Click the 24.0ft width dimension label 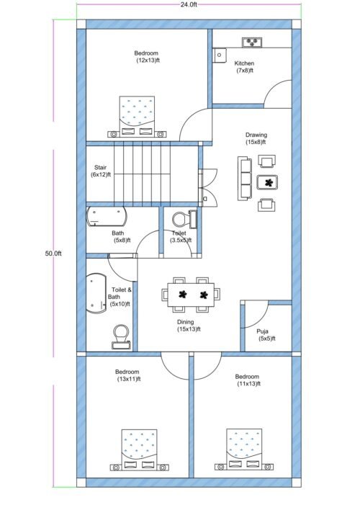[x=189, y=5]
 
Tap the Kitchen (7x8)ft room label [x=245, y=67]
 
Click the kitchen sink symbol [x=220, y=55]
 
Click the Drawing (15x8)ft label [x=256, y=138]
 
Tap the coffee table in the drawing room [x=269, y=183]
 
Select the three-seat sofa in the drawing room [x=246, y=179]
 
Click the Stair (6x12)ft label [x=100, y=171]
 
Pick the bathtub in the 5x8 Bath [x=107, y=217]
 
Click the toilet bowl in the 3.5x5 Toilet [x=180, y=217]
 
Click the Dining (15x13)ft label [x=188, y=326]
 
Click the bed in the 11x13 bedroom [x=244, y=449]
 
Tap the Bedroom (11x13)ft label [x=247, y=380]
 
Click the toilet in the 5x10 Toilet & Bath [x=122, y=335]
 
